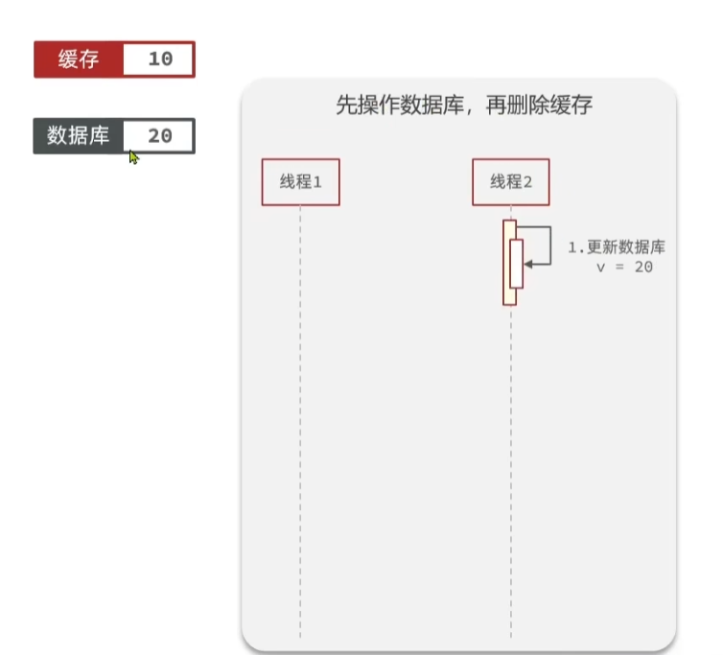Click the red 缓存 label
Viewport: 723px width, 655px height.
point(78,59)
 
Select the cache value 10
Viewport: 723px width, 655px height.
point(160,59)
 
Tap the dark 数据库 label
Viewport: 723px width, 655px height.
point(78,136)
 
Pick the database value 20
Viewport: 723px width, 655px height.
point(160,136)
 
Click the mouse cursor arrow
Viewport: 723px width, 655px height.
point(133,156)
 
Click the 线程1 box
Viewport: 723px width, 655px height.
point(300,182)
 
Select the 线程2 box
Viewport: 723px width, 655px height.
point(511,182)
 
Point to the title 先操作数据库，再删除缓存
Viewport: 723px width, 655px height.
point(463,105)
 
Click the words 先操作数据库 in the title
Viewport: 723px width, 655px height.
point(393,105)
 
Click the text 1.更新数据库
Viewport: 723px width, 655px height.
point(617,247)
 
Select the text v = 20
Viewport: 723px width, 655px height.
point(624,268)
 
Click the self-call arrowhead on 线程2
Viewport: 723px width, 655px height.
point(529,263)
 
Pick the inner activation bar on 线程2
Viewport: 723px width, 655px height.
point(516,264)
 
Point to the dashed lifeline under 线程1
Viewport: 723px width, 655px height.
point(300,422)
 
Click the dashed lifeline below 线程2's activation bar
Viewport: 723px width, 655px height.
point(511,470)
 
